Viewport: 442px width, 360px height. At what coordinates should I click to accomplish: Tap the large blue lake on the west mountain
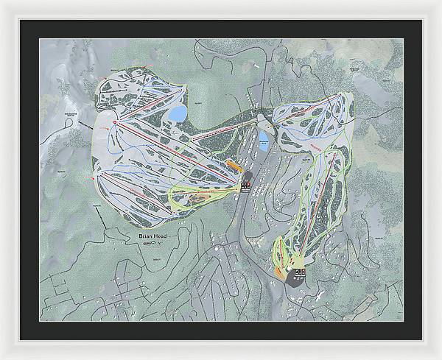click(x=178, y=113)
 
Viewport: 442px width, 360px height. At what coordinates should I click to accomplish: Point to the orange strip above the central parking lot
click(x=234, y=165)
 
